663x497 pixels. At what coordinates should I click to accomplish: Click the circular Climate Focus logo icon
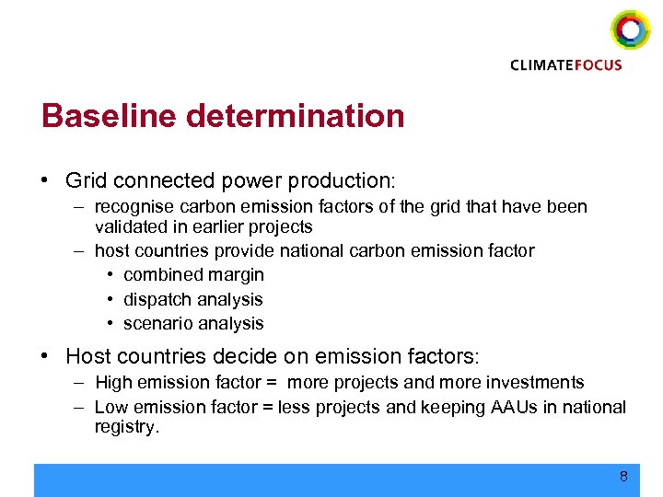(x=630, y=30)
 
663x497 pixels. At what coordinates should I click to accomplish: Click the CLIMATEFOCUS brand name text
(x=566, y=64)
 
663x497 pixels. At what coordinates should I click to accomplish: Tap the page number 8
(x=623, y=477)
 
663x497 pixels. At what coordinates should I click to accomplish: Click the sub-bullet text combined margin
(x=193, y=274)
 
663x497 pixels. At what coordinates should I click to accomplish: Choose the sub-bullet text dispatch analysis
(x=193, y=299)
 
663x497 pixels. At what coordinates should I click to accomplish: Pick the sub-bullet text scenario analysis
(x=193, y=323)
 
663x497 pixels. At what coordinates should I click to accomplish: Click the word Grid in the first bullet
(x=87, y=180)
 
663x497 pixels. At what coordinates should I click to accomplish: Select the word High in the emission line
(x=114, y=382)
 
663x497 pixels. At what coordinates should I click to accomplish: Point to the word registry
(x=126, y=426)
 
